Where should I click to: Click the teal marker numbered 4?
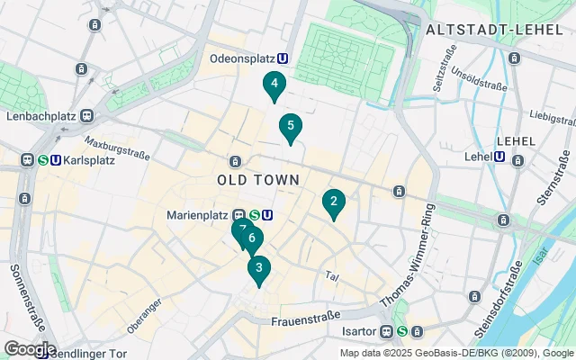274,85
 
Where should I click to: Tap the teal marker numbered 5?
290,127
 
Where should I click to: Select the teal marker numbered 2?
333,202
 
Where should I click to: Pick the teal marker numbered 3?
259,268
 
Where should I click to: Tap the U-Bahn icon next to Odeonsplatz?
283,58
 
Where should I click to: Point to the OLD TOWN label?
258,180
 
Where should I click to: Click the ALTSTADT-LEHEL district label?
494,30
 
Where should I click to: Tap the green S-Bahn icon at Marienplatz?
255,215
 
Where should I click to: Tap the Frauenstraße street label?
306,316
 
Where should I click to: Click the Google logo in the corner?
29,348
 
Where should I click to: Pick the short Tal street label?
331,275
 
